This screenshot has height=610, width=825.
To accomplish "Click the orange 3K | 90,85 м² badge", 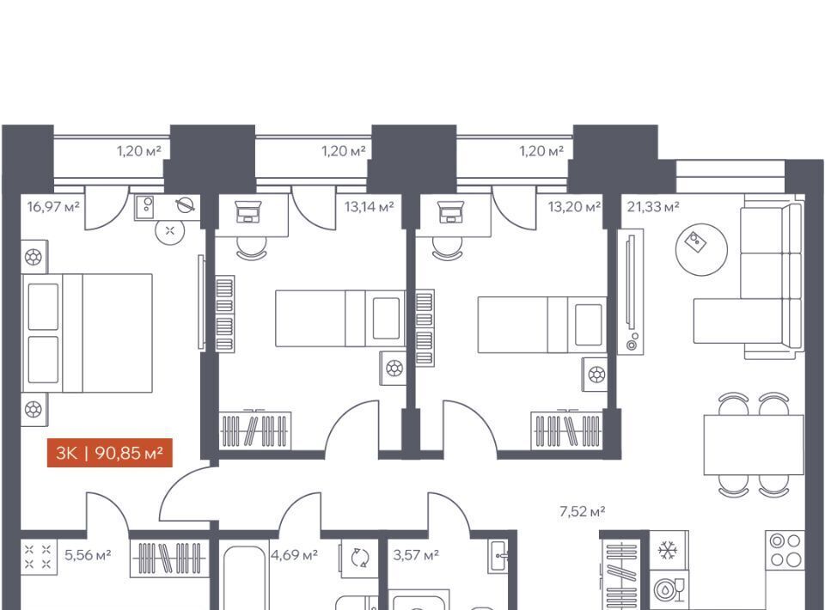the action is tap(110, 453).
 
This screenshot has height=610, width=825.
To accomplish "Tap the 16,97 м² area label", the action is tap(53, 207).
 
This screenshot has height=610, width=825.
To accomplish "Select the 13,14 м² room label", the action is tap(369, 207).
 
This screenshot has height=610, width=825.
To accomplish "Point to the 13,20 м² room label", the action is tap(574, 207).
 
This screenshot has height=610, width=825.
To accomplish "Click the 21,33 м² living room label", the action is tap(653, 207).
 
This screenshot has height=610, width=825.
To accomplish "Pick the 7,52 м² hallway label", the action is tap(582, 511).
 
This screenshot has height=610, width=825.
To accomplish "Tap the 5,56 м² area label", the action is tap(88, 555).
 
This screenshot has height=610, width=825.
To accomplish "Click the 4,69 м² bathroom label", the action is tap(294, 555).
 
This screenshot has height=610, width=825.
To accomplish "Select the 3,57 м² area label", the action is tap(416, 555).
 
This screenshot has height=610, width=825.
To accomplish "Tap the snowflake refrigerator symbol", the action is tap(668, 551).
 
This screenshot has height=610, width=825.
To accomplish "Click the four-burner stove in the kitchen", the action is tap(785, 550).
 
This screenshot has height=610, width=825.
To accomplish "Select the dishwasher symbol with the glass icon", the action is tap(669, 589).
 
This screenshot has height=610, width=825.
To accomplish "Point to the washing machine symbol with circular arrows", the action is tap(360, 558).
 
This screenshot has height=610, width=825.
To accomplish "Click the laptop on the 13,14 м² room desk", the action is tap(248, 212).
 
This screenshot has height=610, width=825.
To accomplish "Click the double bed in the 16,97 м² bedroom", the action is tap(88, 332).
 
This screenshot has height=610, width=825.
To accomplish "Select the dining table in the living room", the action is tap(754, 444).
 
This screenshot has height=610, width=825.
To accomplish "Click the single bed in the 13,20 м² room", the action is tap(542, 325).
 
